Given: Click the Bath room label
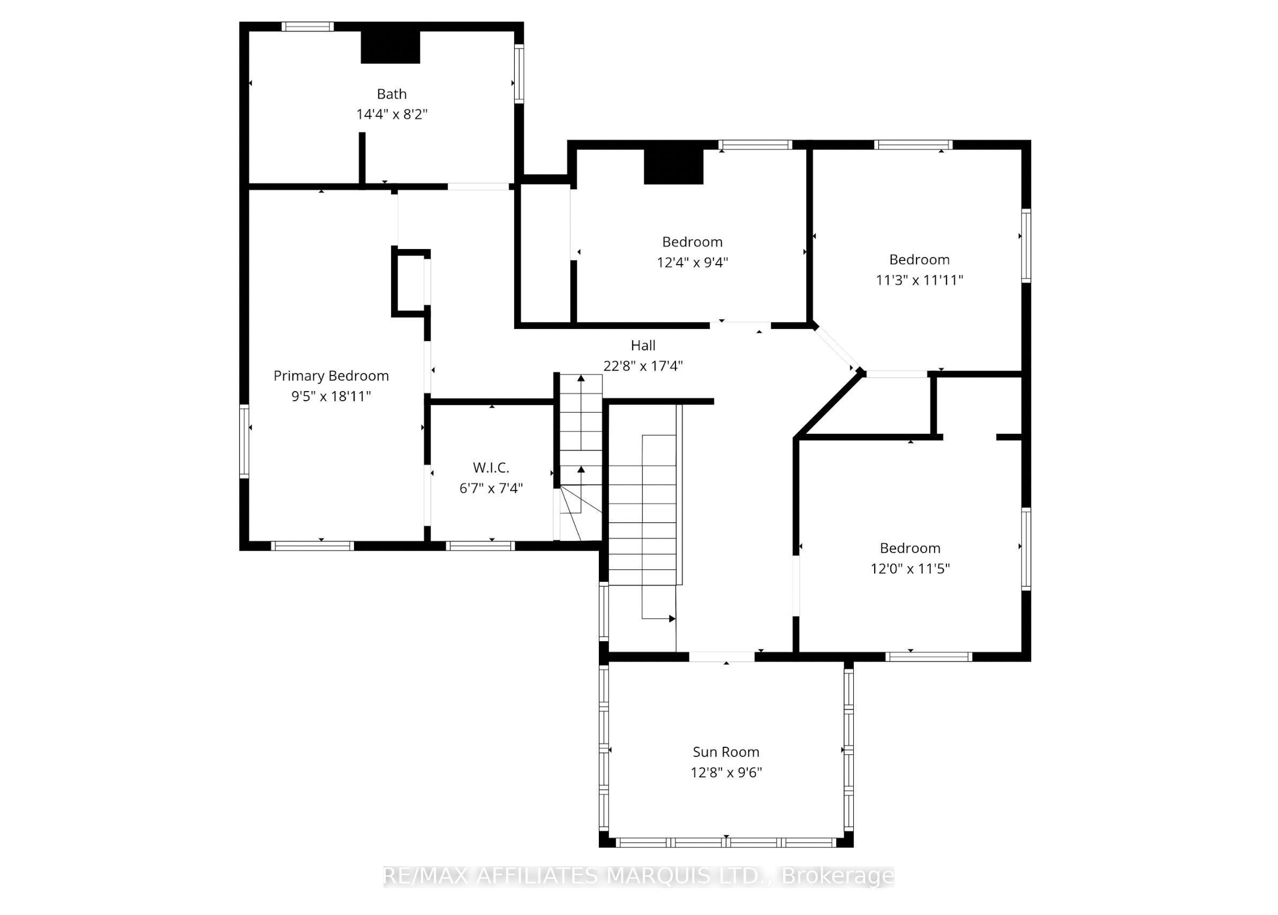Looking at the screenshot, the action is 392,94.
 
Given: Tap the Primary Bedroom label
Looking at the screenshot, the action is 331,376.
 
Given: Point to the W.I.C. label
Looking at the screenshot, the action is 491,467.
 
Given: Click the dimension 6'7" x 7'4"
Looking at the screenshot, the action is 491,488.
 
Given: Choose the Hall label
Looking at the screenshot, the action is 643,346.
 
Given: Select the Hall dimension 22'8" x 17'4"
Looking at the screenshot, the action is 643,366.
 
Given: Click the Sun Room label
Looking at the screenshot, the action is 725,752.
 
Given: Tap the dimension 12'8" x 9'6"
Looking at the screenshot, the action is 726,772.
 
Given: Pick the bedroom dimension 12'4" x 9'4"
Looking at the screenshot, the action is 692,262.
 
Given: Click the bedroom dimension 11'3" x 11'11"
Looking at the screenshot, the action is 919,280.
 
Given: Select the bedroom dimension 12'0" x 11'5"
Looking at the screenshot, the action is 909,568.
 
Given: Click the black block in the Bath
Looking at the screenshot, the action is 390,47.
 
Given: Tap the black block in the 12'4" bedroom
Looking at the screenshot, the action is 674,167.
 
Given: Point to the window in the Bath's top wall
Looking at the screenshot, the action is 307,26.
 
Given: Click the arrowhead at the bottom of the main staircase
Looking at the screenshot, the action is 672,619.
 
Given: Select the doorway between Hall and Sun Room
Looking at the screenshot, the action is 721,656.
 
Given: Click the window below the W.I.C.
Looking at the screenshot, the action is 480,545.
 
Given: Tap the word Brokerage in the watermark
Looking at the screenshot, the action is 838,876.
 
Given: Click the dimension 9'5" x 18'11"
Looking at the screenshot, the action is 331,396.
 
